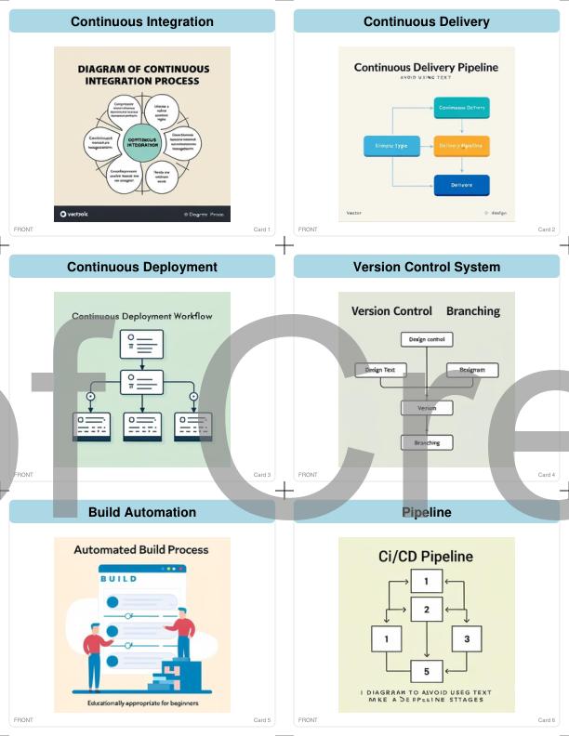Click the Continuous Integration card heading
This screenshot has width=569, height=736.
tap(142, 21)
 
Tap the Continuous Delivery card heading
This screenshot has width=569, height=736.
tap(427, 21)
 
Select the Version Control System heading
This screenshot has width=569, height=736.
tap(427, 267)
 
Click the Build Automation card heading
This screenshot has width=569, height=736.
tap(142, 512)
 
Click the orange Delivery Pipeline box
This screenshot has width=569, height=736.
tap(462, 146)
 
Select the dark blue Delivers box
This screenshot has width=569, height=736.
tap(462, 184)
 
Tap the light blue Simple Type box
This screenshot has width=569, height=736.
tap(390, 146)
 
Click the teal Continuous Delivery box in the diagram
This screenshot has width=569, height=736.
tap(462, 108)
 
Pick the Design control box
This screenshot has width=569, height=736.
tap(427, 340)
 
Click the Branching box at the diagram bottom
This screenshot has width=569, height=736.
tap(427, 442)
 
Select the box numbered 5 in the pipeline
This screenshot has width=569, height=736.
tap(427, 671)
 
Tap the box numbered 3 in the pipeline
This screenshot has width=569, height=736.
tap(467, 639)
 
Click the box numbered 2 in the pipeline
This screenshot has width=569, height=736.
tap(427, 610)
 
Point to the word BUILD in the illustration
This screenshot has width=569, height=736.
tap(118, 578)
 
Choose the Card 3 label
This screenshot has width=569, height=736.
tap(261, 475)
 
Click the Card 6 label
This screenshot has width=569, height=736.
tap(546, 720)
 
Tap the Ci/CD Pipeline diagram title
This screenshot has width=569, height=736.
tap(427, 557)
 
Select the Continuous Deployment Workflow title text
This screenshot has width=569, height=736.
tap(142, 316)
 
